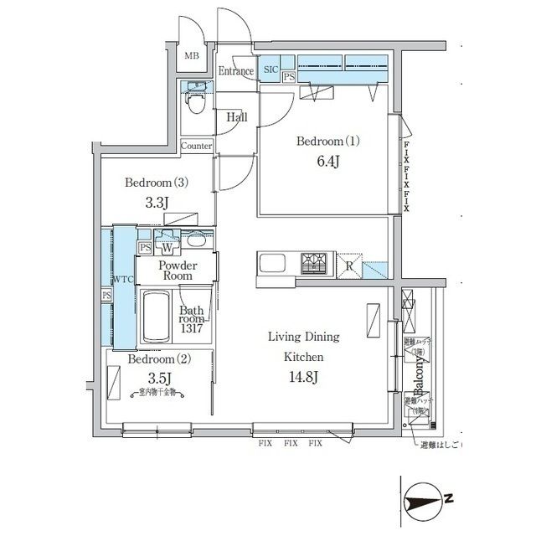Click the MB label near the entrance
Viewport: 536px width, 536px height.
[192, 56]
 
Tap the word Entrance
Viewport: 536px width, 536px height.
[235, 71]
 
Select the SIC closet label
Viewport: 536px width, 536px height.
[271, 70]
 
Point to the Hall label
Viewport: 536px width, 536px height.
[237, 118]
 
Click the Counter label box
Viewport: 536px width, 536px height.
[197, 146]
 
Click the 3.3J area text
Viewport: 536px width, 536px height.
[156, 204]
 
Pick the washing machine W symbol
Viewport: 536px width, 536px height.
[167, 247]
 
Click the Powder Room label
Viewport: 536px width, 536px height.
[177, 270]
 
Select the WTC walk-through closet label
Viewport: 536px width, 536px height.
[123, 279]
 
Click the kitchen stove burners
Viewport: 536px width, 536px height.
[317, 264]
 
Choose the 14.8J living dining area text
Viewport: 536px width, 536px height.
[303, 377]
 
